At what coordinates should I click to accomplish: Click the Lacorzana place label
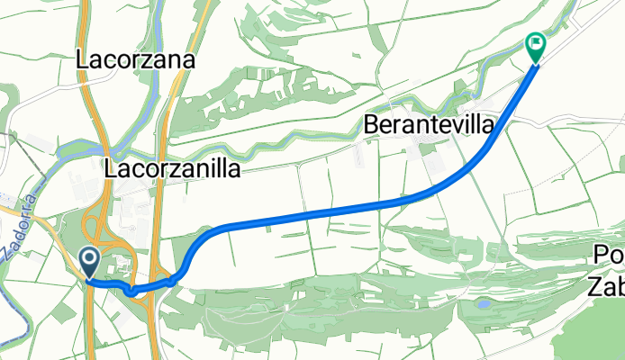coord(137,60)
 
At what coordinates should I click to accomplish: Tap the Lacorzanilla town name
coord(172,168)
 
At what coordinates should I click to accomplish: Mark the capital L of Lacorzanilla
coord(111,168)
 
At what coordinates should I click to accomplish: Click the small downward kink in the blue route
coord(133,290)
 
